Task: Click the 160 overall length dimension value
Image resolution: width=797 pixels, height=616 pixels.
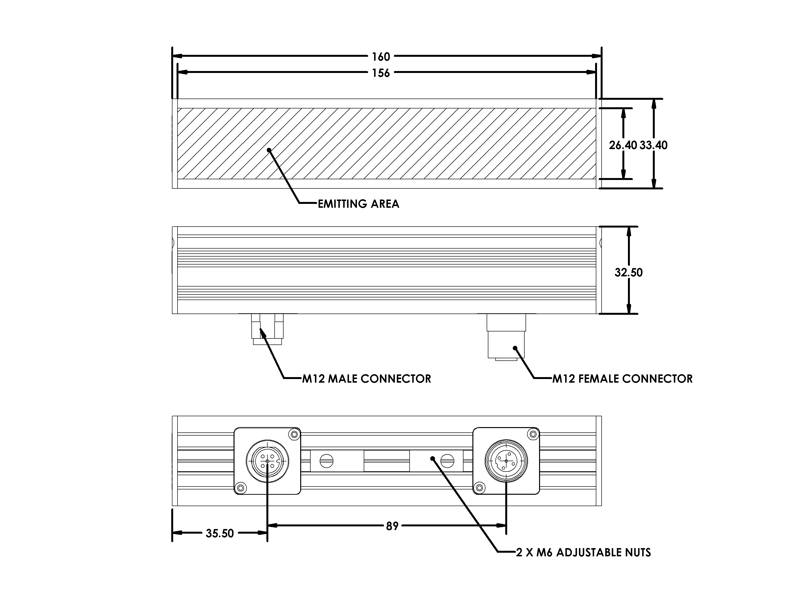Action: coord(381,57)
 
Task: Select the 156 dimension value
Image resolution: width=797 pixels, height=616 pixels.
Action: coord(381,73)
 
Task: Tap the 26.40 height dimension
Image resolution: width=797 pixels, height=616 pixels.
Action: coord(623,145)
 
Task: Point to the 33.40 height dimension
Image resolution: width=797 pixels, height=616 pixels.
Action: coord(653,145)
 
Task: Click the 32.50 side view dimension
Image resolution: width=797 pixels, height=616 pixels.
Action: coord(628,272)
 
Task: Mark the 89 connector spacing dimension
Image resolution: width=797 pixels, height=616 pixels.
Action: coord(392,526)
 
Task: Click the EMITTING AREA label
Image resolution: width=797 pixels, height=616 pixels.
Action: coord(358,204)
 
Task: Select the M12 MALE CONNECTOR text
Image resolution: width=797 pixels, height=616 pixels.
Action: coord(366,379)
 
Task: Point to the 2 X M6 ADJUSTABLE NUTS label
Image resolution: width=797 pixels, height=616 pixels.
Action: coord(583,552)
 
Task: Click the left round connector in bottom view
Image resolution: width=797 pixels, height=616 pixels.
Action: coord(268,461)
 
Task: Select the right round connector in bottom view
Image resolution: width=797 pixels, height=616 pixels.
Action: coord(506,461)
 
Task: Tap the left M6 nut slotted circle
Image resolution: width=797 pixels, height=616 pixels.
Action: coord(327,461)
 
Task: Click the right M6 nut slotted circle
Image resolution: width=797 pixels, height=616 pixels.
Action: coord(447,461)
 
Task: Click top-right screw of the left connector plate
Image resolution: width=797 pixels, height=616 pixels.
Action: coord(293,434)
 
